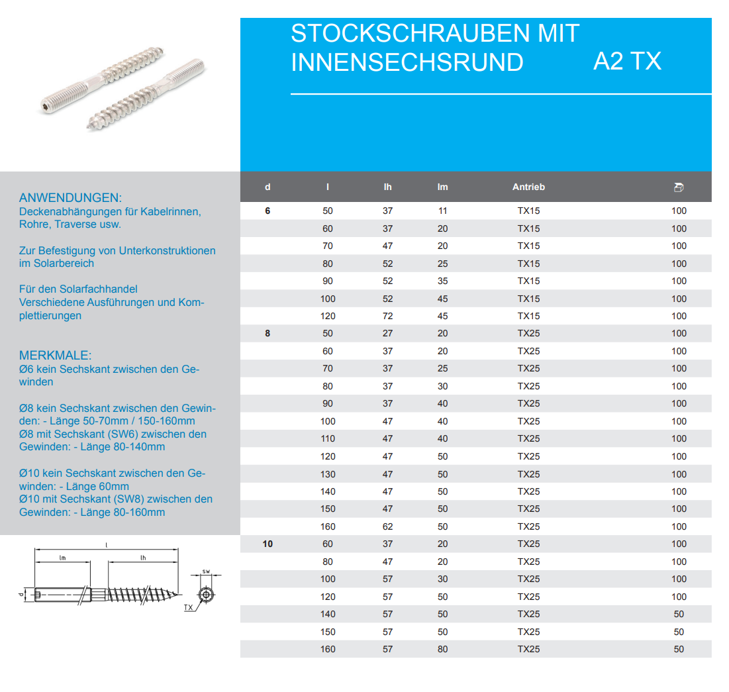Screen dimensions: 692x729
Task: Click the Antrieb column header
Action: tap(528, 187)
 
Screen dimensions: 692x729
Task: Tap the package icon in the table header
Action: tap(678, 187)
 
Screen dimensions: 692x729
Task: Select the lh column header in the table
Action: tap(387, 187)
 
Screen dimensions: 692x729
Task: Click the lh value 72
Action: tap(387, 316)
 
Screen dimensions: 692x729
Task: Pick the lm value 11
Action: tap(442, 211)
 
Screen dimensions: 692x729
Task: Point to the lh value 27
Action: tap(387, 334)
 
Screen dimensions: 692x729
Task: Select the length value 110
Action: tap(328, 438)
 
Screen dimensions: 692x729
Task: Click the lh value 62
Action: tap(387, 526)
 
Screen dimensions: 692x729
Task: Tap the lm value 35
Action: tap(442, 281)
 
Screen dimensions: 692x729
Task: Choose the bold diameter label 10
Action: tap(267, 544)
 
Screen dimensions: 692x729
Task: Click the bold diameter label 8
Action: tap(267, 334)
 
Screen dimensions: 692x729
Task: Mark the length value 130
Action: tap(328, 474)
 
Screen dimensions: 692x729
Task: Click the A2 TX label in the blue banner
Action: tap(627, 62)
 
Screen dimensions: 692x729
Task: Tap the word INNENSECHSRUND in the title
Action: tap(407, 62)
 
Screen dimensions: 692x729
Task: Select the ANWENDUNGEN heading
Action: tap(71, 198)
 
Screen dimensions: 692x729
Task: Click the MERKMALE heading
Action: tap(56, 356)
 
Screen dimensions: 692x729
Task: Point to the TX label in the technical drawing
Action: tap(189, 607)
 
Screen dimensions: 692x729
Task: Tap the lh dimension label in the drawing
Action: tap(143, 558)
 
